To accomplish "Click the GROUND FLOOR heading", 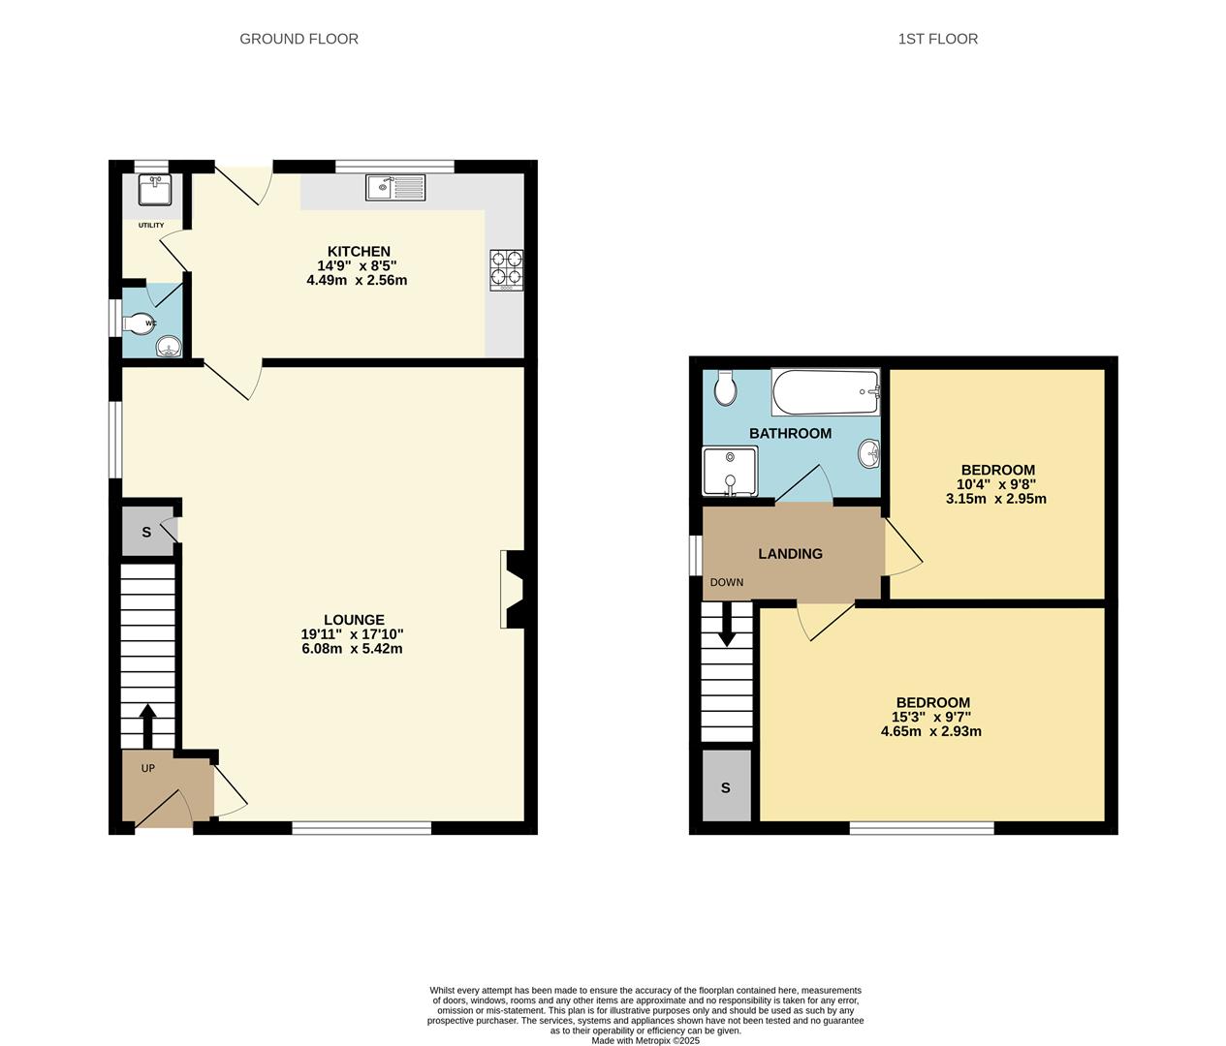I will pyautogui.click(x=299, y=39).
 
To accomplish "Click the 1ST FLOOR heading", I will pyautogui.click(x=937, y=39).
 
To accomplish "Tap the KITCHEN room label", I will pyautogui.click(x=358, y=252).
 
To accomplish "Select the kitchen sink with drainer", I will pyautogui.click(x=395, y=187).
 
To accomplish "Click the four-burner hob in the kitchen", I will pyautogui.click(x=506, y=270).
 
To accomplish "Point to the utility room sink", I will pyautogui.click(x=154, y=190).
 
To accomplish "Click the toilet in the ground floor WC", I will pyautogui.click(x=141, y=323).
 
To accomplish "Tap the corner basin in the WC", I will pyautogui.click(x=169, y=346).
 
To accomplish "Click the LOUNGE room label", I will pyautogui.click(x=354, y=620).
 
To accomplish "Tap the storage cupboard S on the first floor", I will pyautogui.click(x=725, y=787).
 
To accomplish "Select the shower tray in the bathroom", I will pyautogui.click(x=730, y=471).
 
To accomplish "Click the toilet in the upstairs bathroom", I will pyautogui.click(x=724, y=388).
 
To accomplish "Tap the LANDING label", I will pyautogui.click(x=790, y=554).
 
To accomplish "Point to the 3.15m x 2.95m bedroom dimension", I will pyautogui.click(x=996, y=499).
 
